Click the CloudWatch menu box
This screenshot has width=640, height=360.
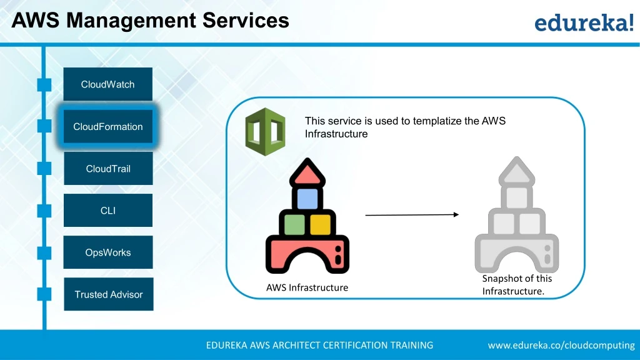pos(108,84)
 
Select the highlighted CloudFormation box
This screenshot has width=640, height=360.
pos(108,126)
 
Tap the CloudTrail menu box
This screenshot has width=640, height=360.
pos(108,169)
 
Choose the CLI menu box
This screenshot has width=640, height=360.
pos(108,211)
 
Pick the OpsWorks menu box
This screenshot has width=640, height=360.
pos(108,252)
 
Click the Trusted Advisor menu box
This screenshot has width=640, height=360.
pos(109,294)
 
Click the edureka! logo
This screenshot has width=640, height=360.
pos(584,23)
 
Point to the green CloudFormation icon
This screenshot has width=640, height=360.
pos(265,132)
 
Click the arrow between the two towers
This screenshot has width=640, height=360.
pos(412,215)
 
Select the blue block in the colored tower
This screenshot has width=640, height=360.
pos(307,199)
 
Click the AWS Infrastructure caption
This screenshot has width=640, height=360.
pos(307,288)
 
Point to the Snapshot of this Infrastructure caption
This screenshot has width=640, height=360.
pos(517,285)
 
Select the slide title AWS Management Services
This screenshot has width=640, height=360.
pos(151,21)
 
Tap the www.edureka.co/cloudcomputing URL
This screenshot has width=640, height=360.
pos(561,345)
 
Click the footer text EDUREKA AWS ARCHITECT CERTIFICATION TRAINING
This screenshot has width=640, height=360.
pos(319,345)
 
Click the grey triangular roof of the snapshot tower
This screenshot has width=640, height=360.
pos(516,170)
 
